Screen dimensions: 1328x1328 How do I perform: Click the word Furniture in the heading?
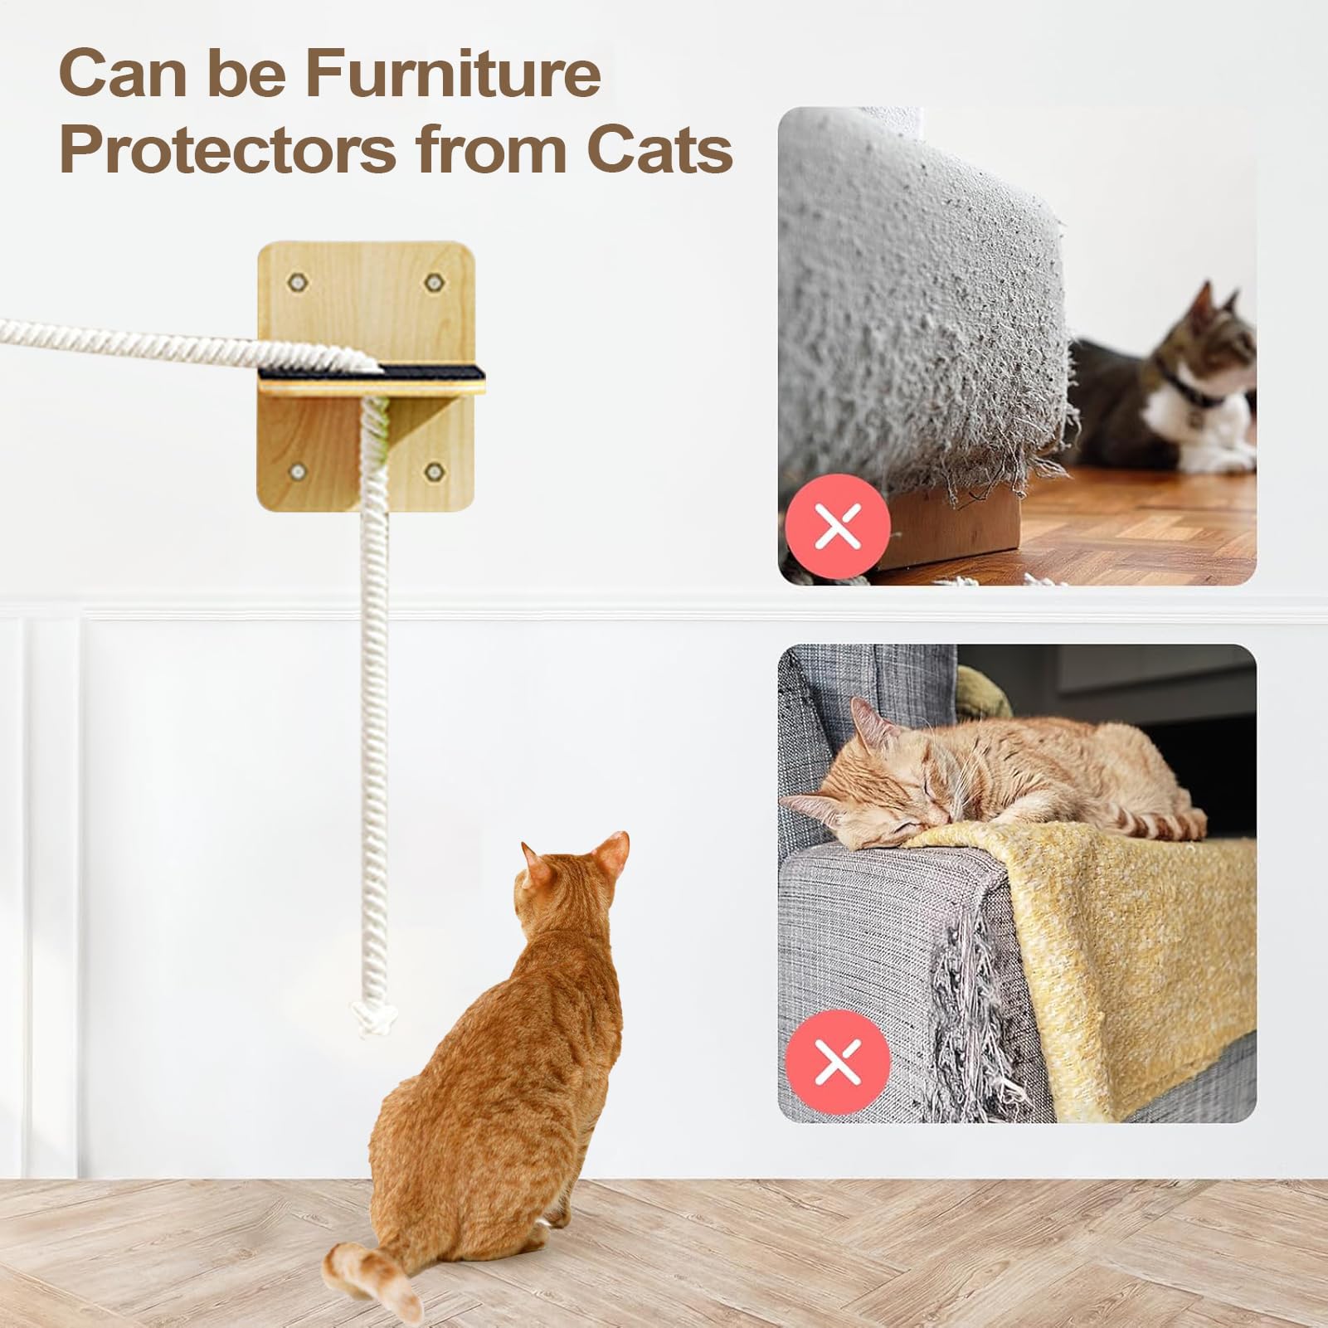[452, 74]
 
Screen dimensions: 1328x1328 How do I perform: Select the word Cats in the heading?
[660, 150]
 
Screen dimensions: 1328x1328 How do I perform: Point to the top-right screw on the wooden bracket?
[431, 283]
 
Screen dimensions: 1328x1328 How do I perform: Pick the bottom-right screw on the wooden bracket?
[431, 473]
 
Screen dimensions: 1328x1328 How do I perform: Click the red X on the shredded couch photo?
[838, 526]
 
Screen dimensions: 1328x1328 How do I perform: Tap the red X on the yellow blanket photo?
[838, 1062]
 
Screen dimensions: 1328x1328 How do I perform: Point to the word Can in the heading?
[121, 74]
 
